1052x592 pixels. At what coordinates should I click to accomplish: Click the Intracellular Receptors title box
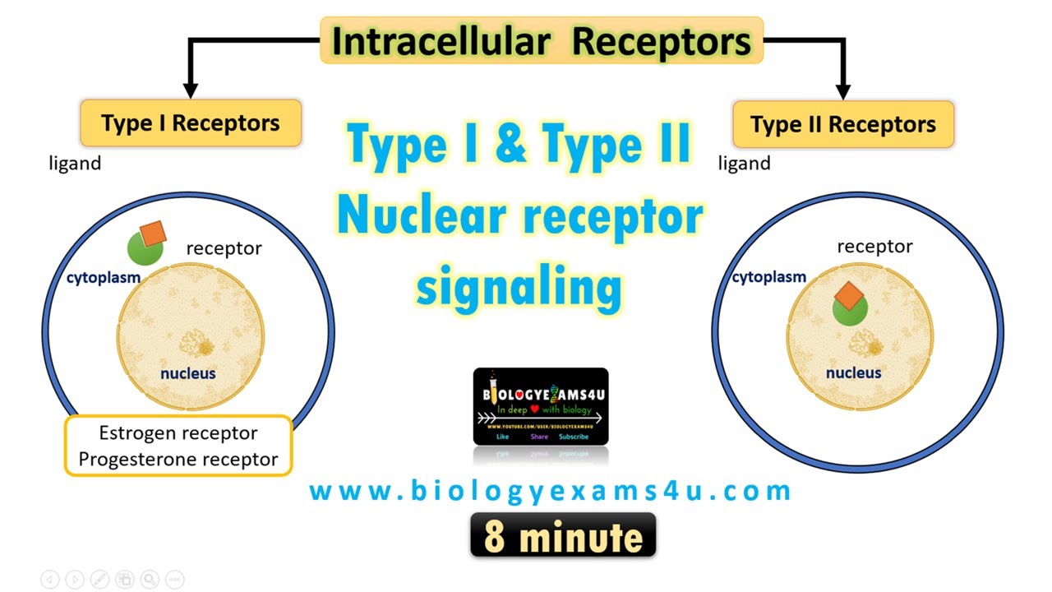pyautogui.click(x=542, y=40)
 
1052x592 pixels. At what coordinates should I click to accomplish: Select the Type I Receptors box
pyautogui.click(x=191, y=123)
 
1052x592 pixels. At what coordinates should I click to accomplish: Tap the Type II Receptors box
pyautogui.click(x=842, y=124)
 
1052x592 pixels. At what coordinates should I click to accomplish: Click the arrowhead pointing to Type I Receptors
pyautogui.click(x=191, y=90)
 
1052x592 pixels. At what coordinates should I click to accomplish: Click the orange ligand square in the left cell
pyautogui.click(x=153, y=234)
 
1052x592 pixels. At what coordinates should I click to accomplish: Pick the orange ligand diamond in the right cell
pyautogui.click(x=851, y=295)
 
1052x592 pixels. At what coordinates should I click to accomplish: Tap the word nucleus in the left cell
pyautogui.click(x=188, y=373)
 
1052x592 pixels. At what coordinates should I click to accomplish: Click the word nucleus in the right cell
pyautogui.click(x=854, y=372)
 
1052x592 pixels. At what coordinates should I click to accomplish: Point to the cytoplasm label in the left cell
pyautogui.click(x=104, y=278)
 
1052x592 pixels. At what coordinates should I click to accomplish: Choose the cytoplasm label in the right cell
pyautogui.click(x=769, y=277)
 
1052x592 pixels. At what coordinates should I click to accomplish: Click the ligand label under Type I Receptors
pyautogui.click(x=75, y=163)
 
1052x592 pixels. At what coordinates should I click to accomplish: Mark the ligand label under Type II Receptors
pyautogui.click(x=744, y=163)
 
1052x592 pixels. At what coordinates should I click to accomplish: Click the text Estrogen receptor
pyautogui.click(x=178, y=432)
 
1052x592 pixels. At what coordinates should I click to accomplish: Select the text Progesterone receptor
pyautogui.click(x=178, y=459)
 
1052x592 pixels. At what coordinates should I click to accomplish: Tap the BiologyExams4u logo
pyautogui.click(x=541, y=406)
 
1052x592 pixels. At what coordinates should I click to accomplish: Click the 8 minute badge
pyautogui.click(x=563, y=535)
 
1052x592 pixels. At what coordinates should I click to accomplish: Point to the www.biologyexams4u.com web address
pyautogui.click(x=550, y=491)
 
